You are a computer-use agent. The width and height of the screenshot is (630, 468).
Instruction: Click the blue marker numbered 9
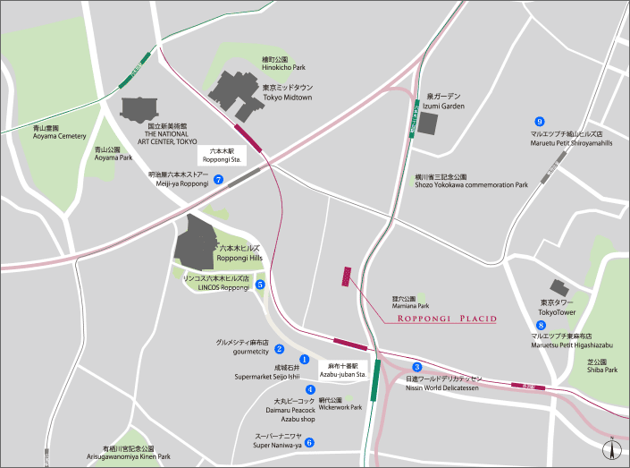coord(539,121)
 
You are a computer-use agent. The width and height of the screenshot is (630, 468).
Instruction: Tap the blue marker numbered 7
coord(218,179)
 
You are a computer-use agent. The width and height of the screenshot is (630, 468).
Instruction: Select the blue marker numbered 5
coord(260,285)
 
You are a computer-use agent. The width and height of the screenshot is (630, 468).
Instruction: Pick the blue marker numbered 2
coord(279,349)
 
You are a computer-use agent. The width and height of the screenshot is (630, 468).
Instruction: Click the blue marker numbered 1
coord(304,359)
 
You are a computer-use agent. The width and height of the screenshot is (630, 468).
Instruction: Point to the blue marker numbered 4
coord(310,389)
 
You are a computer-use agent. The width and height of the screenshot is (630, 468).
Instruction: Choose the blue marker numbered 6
coord(309,441)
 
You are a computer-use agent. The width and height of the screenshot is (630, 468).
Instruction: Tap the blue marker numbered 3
coord(417,366)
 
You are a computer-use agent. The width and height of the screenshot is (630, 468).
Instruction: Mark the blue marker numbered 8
coord(541,325)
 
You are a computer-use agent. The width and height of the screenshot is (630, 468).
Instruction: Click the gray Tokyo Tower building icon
coord(560,288)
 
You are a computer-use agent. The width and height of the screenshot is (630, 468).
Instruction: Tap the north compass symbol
coord(611,450)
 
